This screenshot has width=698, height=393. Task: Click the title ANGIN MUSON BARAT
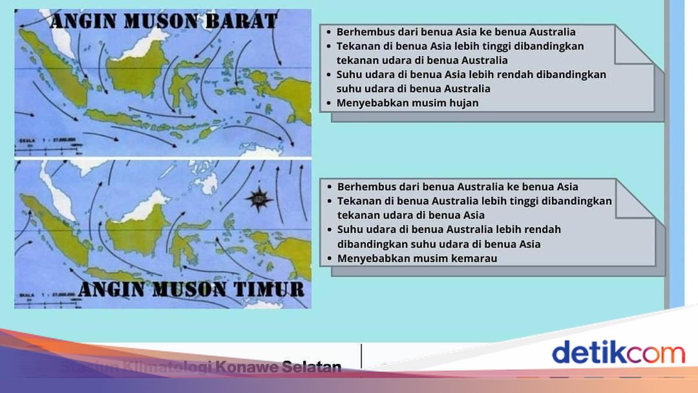point(163,22)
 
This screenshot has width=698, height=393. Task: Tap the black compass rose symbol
point(259,198)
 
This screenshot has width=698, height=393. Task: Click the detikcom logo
point(618,353)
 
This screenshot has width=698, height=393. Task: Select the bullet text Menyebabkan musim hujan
point(407,103)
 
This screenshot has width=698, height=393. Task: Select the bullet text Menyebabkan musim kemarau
point(417,258)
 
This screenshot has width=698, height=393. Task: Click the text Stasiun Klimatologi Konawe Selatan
point(201,367)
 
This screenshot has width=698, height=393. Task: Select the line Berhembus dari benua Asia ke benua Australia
point(456,32)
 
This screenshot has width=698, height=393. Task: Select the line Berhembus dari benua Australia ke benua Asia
point(457,187)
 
